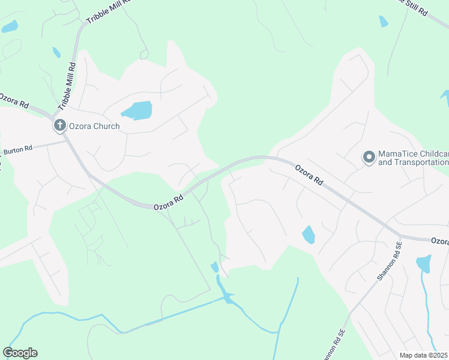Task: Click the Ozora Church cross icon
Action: pyautogui.click(x=59, y=126)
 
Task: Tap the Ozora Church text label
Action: pyautogui.click(x=94, y=127)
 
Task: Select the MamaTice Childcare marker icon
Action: pyautogui.click(x=369, y=157)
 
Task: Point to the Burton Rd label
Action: pyautogui.click(x=18, y=150)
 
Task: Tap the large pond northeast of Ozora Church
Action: pyautogui.click(x=137, y=111)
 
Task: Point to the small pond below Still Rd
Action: pyautogui.click(x=384, y=22)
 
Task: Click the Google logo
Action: pyautogui.click(x=20, y=353)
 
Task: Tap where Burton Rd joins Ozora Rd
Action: pyautogui.click(x=66, y=141)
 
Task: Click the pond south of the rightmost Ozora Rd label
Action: pyautogui.click(x=423, y=263)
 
